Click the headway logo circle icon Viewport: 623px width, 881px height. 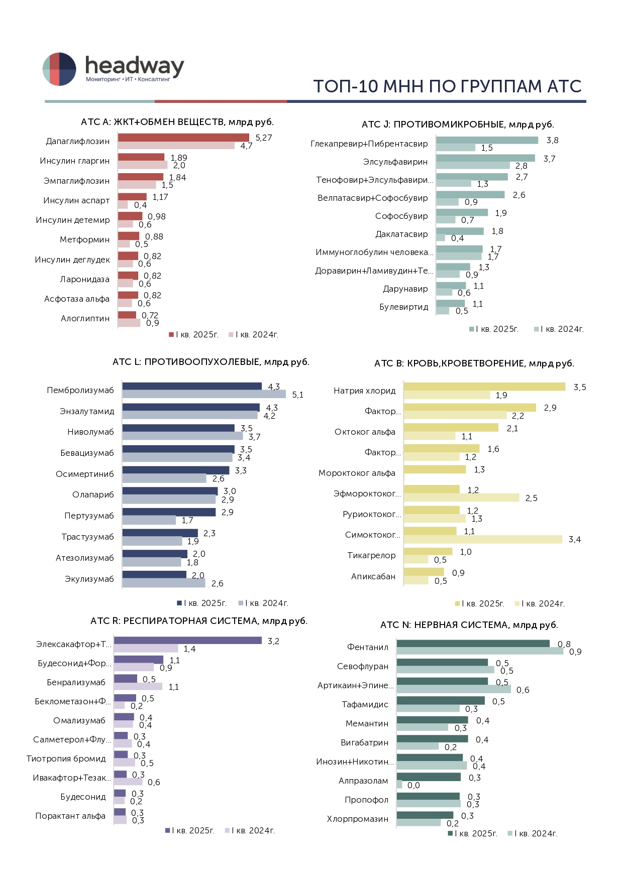tap(59, 69)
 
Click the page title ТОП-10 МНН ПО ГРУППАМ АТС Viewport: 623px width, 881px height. tap(447, 86)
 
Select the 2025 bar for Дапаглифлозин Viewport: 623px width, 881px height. tap(183, 138)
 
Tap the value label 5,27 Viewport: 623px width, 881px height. tap(264, 138)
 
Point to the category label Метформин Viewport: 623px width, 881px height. tap(84, 240)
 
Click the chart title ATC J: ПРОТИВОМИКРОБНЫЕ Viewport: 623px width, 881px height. tap(458, 124)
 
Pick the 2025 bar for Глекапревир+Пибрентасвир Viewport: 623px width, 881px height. tap(487, 140)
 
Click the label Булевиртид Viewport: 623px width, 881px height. tap(403, 307)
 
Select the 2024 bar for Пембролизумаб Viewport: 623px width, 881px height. tap(204, 395)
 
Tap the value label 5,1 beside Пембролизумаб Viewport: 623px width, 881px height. tap(298, 395)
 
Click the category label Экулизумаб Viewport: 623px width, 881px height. tap(89, 579)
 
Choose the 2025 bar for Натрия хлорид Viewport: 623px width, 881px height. tap(484, 387)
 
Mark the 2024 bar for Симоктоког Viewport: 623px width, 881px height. tap(483, 539)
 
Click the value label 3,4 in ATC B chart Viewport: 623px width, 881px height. tap(575, 540)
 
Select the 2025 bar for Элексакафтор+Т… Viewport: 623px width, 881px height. tap(187, 641)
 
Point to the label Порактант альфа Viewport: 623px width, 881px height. tap(70, 816)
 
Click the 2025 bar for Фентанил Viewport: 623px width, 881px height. tap(473, 644)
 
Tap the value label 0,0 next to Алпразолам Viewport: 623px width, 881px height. tap(413, 786)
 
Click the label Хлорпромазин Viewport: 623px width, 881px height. tap(358, 819)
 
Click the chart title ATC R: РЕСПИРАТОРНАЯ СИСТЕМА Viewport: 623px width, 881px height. tap(198, 621)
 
